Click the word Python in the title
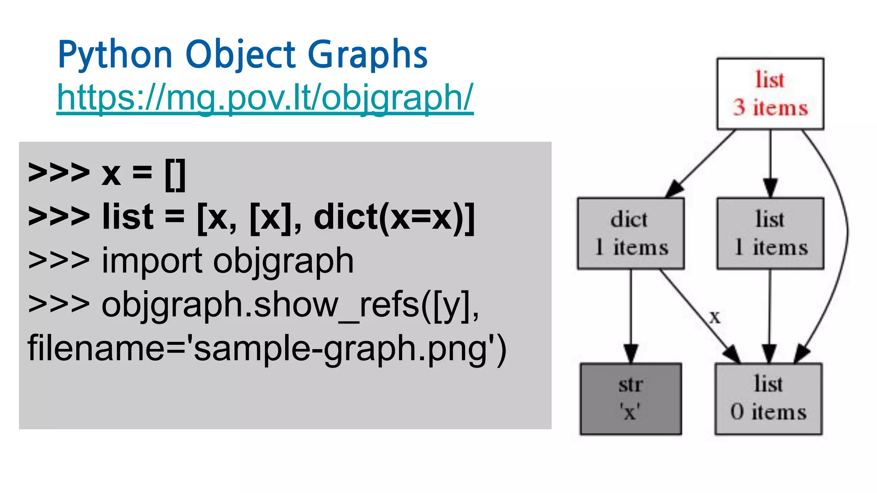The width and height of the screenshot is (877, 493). (115, 54)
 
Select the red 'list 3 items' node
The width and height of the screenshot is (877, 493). (770, 94)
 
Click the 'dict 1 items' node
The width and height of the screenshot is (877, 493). (630, 233)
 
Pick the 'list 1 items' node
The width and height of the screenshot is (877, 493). (770, 233)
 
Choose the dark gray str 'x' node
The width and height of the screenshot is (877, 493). (631, 398)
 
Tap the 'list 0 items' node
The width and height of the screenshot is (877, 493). (768, 398)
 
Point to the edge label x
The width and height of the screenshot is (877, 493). (715, 317)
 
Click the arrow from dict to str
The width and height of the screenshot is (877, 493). (631, 317)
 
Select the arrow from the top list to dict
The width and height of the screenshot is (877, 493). (702, 163)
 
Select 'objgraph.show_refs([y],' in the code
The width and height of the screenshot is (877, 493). (290, 305)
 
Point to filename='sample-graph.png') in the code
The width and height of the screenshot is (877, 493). (267, 348)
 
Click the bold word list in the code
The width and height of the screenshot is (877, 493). (128, 217)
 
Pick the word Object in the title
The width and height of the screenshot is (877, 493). (240, 54)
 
